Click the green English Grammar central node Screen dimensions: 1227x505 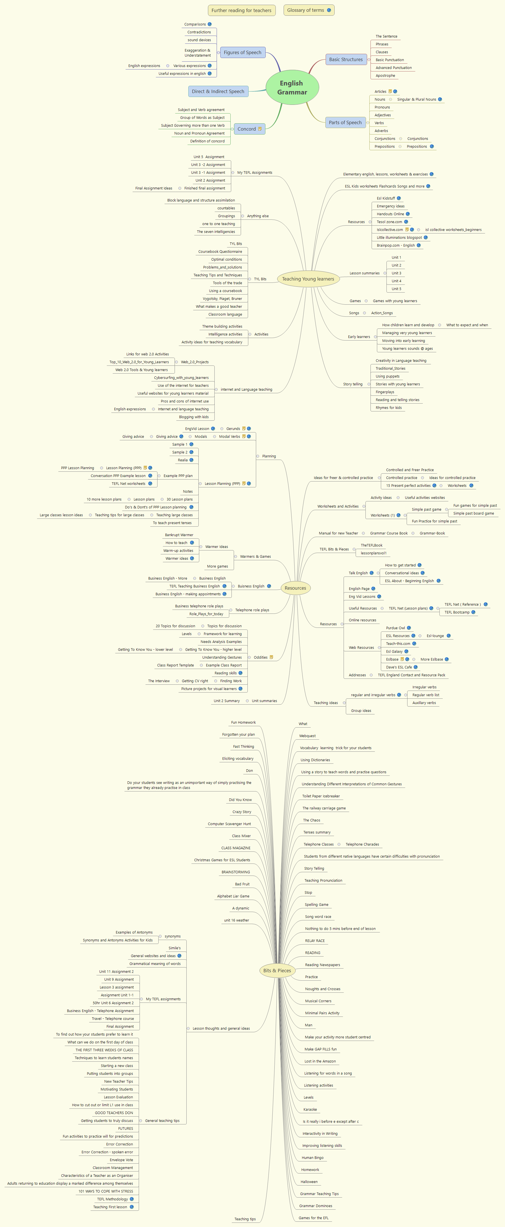pyautogui.click(x=292, y=88)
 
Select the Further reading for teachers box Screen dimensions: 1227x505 pyautogui.click(x=242, y=10)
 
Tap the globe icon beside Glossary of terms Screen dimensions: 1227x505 pyautogui.click(x=329, y=10)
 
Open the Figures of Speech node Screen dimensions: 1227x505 pyautogui.click(x=242, y=52)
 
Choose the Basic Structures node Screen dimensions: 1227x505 pyautogui.click(x=346, y=59)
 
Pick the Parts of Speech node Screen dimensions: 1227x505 pyautogui.click(x=345, y=122)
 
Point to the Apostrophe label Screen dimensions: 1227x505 pyautogui.click(x=385, y=76)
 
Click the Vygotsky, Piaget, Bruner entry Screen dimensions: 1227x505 pyautogui.click(x=222, y=299)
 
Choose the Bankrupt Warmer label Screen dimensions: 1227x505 pyautogui.click(x=179, y=535)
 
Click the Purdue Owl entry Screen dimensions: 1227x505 pyautogui.click(x=395, y=628)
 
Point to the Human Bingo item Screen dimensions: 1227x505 pyautogui.click(x=312, y=1157)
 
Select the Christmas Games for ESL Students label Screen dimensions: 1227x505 pyautogui.click(x=222, y=860)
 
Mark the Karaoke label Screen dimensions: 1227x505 pyautogui.click(x=310, y=1109)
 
